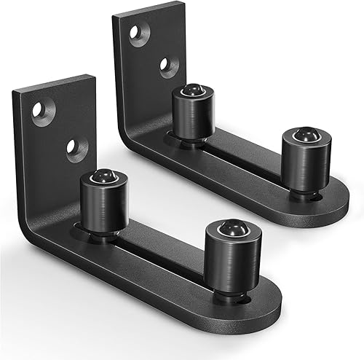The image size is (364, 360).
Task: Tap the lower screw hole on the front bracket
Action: [x=74, y=148]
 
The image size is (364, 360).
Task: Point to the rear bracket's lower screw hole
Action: [x=169, y=66]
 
